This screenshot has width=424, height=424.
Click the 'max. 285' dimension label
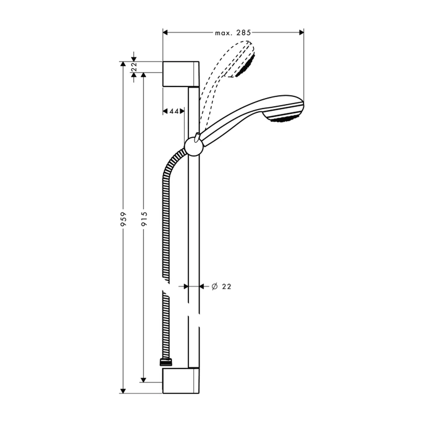pos(233,33)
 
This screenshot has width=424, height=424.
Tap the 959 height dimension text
pos(123,219)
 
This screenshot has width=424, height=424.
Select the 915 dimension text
pos(144,219)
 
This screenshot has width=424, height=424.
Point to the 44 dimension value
pos(174,111)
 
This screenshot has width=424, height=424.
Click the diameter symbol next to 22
pos(215,286)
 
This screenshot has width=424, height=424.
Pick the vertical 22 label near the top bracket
pos(134,67)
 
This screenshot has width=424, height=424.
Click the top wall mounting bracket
pos(181,74)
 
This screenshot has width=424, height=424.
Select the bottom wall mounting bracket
pos(181,380)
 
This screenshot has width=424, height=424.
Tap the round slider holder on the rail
pos(194,147)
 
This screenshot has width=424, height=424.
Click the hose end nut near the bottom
pos(166,363)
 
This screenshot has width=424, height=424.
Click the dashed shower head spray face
pos(245,66)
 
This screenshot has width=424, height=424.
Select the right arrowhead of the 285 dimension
pos(301,33)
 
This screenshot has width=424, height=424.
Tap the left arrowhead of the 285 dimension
pos(165,33)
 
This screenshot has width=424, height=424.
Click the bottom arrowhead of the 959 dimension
pos(123,391)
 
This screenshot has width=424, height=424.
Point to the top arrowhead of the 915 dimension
pos(144,75)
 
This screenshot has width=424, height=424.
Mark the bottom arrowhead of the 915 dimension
pos(144,380)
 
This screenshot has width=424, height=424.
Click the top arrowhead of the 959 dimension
pos(123,64)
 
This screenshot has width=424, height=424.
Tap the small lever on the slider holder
pos(197,137)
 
